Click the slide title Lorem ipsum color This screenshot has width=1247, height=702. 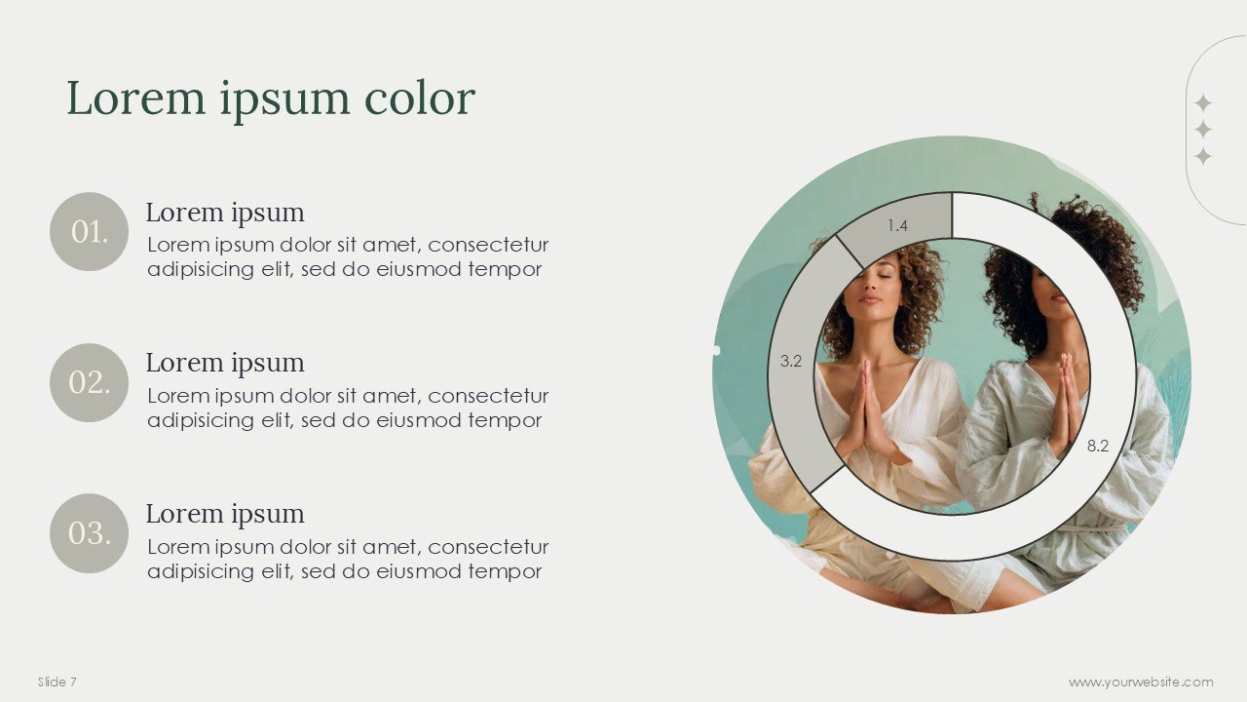click(x=271, y=99)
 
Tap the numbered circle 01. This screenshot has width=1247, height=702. click(x=89, y=232)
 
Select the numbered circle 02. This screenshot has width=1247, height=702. click(x=89, y=383)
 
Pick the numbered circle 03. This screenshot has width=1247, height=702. click(x=89, y=533)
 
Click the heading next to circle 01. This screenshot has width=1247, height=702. click(x=225, y=213)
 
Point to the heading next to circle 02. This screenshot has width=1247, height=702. click(x=225, y=363)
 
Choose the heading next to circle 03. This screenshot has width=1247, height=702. click(x=225, y=514)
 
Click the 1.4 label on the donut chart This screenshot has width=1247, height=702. click(x=897, y=226)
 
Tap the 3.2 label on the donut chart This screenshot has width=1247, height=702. click(x=791, y=362)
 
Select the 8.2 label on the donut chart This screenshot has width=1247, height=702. click(x=1098, y=446)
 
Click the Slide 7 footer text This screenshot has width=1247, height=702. click(x=57, y=682)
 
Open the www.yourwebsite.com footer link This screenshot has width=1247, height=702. click(x=1141, y=682)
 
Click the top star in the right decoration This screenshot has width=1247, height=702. click(x=1203, y=102)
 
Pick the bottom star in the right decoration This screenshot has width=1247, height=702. click(x=1203, y=156)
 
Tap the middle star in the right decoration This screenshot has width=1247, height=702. click(x=1203, y=130)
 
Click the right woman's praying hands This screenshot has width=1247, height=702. click(x=1067, y=400)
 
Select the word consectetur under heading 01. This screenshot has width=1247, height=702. click(x=488, y=245)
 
